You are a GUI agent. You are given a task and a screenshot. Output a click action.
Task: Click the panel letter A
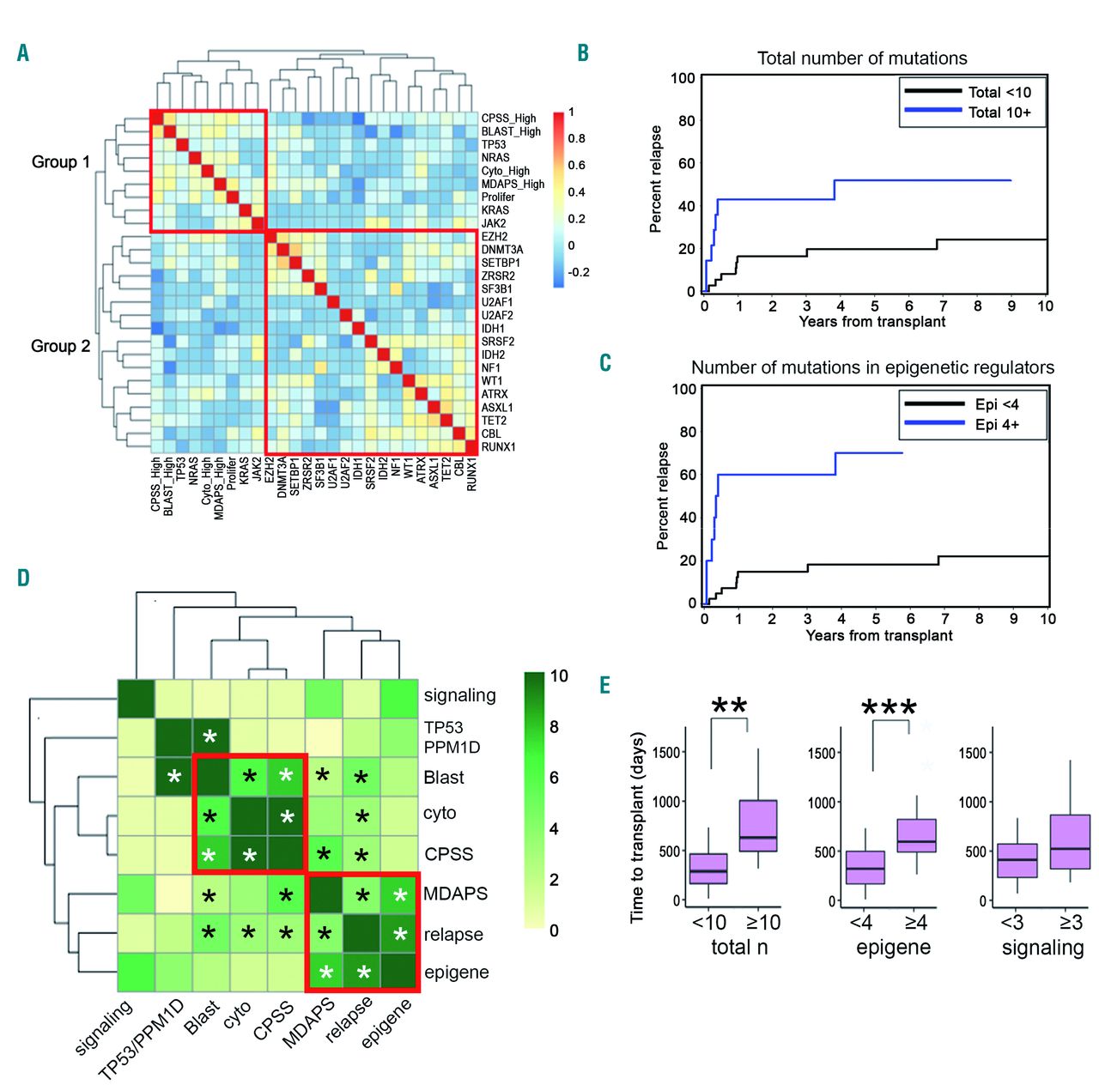click(23, 53)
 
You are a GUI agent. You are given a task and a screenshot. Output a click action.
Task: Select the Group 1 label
click(61, 162)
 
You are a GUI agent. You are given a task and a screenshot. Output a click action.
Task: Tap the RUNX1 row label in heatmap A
click(499, 446)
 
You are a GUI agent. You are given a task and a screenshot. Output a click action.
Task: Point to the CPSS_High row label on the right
click(508, 118)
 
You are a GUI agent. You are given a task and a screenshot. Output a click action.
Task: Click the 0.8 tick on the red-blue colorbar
click(576, 138)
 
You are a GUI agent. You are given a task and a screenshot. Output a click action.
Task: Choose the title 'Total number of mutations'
click(862, 58)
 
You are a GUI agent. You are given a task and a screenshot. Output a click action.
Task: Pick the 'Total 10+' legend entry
click(999, 112)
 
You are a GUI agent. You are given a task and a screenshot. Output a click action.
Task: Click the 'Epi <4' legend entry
click(997, 404)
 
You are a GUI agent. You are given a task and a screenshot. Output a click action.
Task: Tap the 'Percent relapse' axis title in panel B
click(656, 179)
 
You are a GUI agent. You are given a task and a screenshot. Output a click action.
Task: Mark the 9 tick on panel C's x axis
click(1013, 618)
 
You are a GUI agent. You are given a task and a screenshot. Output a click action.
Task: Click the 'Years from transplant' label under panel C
click(878, 636)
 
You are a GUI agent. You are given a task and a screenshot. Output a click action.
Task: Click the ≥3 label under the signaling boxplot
click(1071, 923)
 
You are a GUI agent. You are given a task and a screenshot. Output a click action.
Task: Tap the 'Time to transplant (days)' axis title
click(636, 827)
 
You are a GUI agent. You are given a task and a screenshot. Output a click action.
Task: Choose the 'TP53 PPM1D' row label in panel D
click(451, 737)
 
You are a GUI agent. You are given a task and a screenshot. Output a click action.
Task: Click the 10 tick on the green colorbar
click(559, 676)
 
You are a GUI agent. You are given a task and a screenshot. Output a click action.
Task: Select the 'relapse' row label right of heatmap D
click(453, 935)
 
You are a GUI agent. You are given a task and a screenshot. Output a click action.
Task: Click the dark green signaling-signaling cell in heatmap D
click(136, 698)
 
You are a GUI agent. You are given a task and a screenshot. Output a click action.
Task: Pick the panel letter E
click(605, 684)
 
